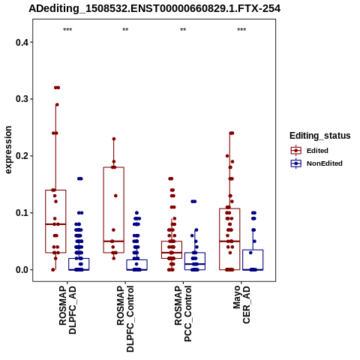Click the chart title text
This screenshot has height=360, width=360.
(x=154, y=8)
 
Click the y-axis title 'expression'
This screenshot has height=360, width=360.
(x=8, y=150)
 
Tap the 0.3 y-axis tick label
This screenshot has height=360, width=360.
(x=22, y=99)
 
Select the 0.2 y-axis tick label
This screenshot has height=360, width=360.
(x=22, y=156)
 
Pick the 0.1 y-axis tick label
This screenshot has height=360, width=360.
(x=22, y=213)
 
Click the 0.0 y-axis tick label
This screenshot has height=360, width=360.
(x=22, y=270)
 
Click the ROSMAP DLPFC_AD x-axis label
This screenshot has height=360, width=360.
(x=67, y=310)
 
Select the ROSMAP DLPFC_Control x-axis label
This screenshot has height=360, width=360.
(x=125, y=319)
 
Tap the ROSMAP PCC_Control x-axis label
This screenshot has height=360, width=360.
(x=183, y=313)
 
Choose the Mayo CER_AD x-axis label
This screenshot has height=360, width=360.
(x=241, y=305)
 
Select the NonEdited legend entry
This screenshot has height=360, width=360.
(x=316, y=163)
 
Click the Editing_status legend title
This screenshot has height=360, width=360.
(x=320, y=136)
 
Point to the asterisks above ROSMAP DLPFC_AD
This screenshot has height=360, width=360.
(x=67, y=30)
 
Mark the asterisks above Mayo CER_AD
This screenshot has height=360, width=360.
(x=241, y=30)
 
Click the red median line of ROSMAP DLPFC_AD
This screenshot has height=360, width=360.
(x=55, y=224)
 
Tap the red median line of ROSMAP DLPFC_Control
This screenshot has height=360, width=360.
(x=114, y=241)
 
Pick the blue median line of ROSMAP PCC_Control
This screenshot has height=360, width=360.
(x=195, y=264)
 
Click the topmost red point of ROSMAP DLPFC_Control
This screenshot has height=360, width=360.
(x=114, y=139)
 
